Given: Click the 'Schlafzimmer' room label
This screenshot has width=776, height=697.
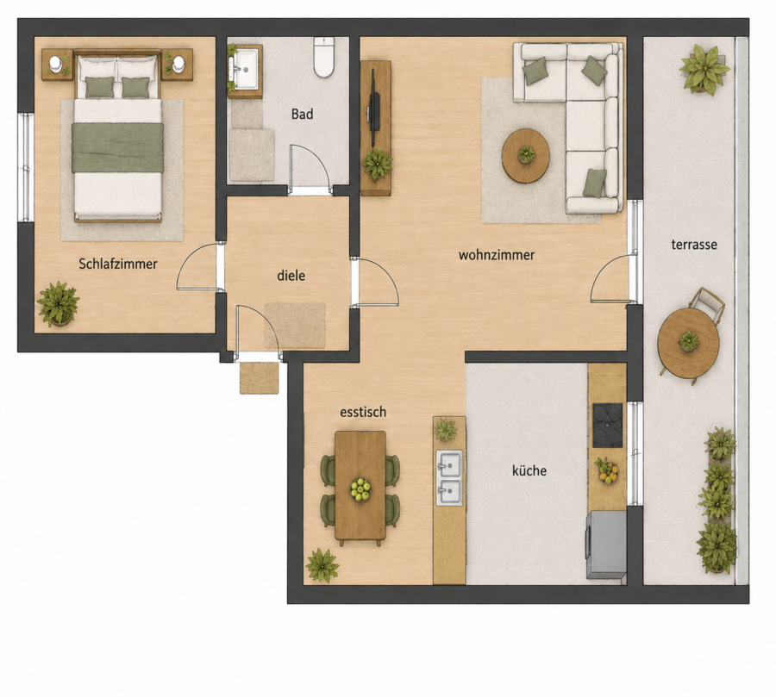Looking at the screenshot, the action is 118,264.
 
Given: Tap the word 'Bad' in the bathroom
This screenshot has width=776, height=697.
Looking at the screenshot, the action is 302,115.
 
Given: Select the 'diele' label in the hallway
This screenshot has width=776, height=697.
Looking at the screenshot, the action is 291,276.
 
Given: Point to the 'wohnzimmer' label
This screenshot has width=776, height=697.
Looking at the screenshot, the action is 497,255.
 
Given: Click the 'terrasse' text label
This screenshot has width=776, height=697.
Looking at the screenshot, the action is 694,245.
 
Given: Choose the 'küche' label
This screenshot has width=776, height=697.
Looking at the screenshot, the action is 529,470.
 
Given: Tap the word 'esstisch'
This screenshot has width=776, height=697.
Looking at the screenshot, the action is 363,412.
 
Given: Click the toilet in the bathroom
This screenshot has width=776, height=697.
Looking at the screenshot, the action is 324,58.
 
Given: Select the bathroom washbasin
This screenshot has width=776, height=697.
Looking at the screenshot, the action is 245,69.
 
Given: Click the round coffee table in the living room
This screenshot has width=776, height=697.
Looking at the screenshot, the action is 526,156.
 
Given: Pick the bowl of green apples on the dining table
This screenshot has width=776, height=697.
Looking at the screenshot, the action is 360,489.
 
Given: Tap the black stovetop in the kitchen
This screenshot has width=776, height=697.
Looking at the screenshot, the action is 607,426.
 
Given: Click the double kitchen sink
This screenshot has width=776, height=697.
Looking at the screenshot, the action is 449,478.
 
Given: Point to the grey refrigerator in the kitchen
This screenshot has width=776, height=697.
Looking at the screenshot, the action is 606,545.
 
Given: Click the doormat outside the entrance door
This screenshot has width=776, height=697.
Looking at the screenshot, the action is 259,378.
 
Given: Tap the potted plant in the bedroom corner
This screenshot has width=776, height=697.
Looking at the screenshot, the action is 59,304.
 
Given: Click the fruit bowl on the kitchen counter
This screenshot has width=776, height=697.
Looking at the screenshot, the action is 607,471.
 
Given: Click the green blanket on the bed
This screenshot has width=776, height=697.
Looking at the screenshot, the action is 118,147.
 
